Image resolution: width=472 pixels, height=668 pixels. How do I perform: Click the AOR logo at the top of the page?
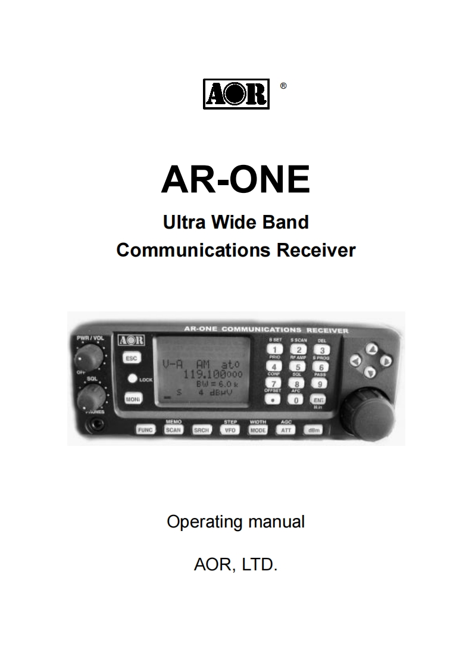click(x=236, y=94)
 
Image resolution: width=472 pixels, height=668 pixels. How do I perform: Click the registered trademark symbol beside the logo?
click(x=283, y=86)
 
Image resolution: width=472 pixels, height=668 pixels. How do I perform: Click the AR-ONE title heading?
click(x=236, y=179)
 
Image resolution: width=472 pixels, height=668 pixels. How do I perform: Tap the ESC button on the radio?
click(x=131, y=358)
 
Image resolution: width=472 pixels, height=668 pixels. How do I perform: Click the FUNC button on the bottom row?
click(x=145, y=430)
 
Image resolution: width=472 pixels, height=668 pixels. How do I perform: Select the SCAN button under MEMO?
click(x=173, y=430)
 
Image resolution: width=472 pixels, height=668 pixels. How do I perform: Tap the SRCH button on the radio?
click(x=201, y=430)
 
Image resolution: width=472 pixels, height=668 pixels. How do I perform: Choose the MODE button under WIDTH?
click(x=258, y=430)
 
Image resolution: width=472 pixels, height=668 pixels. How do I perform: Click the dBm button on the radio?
click(x=313, y=430)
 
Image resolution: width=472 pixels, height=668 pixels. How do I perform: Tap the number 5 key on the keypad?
click(x=298, y=367)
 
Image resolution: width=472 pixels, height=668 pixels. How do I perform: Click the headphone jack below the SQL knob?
click(x=94, y=424)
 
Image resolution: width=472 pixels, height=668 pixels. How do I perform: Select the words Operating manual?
click(x=236, y=522)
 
